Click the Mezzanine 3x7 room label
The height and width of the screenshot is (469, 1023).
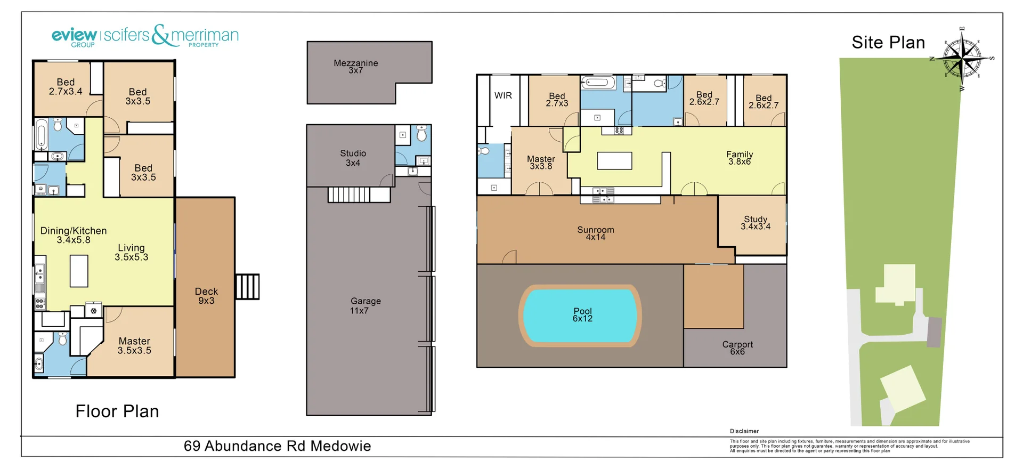coord(355,67)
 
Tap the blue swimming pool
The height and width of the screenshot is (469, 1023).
coord(580,316)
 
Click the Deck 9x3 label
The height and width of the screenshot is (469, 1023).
coord(206,296)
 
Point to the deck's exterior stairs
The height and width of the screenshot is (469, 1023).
coord(247,287)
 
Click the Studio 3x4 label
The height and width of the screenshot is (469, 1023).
coord(353,158)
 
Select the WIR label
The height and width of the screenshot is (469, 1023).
coord(502,95)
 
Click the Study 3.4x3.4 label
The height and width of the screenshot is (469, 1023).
coord(755,223)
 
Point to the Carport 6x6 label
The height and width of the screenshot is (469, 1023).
coord(737,348)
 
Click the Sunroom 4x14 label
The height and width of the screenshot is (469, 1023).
coord(595,233)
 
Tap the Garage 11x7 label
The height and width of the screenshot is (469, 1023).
coord(365,305)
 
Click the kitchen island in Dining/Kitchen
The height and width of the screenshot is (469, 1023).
coord(79,271)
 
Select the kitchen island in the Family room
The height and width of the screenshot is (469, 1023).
coord(614,160)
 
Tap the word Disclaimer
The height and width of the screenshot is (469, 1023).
coord(744,431)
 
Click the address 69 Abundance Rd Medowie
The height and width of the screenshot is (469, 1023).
coord(277,446)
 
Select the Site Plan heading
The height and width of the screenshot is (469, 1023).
coord(888,43)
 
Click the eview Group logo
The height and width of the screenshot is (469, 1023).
coord(75,37)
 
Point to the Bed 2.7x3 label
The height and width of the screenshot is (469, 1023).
coord(556,100)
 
